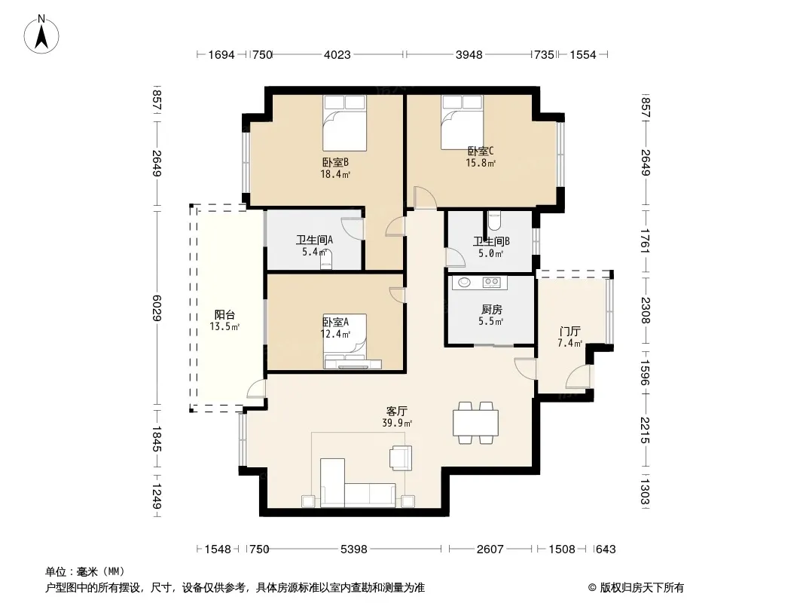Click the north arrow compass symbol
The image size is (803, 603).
click(x=41, y=35)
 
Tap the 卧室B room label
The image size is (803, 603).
click(x=335, y=162)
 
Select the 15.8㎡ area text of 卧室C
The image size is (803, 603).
click(x=481, y=164)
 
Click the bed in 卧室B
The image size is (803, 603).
click(x=345, y=123)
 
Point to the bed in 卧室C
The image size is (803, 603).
click(x=463, y=122)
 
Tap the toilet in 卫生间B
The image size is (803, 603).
click(x=494, y=221)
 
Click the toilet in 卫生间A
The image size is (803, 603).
click(x=326, y=260)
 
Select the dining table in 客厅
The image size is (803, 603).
click(x=475, y=423)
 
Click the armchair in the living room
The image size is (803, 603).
click(x=401, y=458)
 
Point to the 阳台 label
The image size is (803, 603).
click(x=224, y=315)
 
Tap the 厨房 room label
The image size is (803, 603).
click(x=492, y=310)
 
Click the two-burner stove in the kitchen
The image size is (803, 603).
click(x=492, y=282)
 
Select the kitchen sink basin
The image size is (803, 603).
click(x=464, y=282)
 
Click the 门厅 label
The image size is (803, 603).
click(x=569, y=332)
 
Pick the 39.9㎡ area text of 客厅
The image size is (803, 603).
click(x=397, y=423)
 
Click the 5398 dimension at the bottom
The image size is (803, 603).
click(x=354, y=549)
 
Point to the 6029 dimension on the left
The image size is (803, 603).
click(x=157, y=308)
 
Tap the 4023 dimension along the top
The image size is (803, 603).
click(x=337, y=54)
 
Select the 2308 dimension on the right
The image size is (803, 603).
click(x=645, y=311)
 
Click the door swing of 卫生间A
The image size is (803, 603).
click(x=351, y=228)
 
